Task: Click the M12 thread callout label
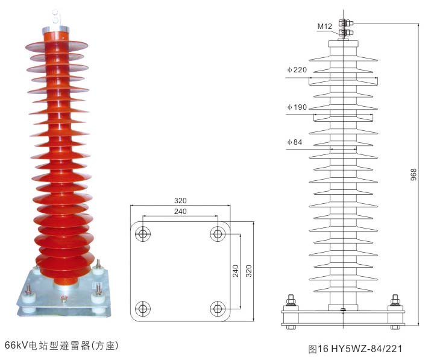324,26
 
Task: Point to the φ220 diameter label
297,70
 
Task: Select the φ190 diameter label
297,107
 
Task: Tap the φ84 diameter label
295,142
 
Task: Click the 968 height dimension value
414,174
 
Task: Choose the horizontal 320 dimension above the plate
180,200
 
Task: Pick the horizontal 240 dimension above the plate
180,212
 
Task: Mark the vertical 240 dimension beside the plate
236,271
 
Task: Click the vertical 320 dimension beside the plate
249,271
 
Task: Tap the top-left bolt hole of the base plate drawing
143,234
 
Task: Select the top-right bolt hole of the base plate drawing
218,234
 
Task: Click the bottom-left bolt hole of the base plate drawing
143,309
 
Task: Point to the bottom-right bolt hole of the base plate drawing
218,309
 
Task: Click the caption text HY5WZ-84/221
367,349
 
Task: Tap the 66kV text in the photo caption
16,346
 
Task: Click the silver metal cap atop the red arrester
55,29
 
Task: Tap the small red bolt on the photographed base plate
64,299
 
